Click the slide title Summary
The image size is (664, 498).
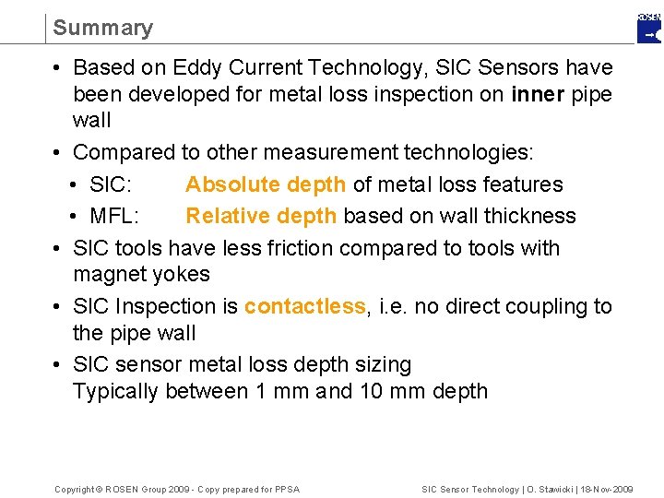tap(102, 28)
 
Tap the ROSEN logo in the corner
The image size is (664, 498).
tap(649, 28)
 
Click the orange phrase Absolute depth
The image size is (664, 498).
tap(266, 184)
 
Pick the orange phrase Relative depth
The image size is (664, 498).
tap(261, 216)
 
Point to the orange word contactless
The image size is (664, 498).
tap(304, 306)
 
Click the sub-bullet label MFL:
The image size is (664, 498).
tap(114, 216)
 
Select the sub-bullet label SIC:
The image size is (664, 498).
tap(114, 184)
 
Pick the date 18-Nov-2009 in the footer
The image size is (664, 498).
tap(599, 489)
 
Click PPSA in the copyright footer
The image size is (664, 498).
tap(287, 489)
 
